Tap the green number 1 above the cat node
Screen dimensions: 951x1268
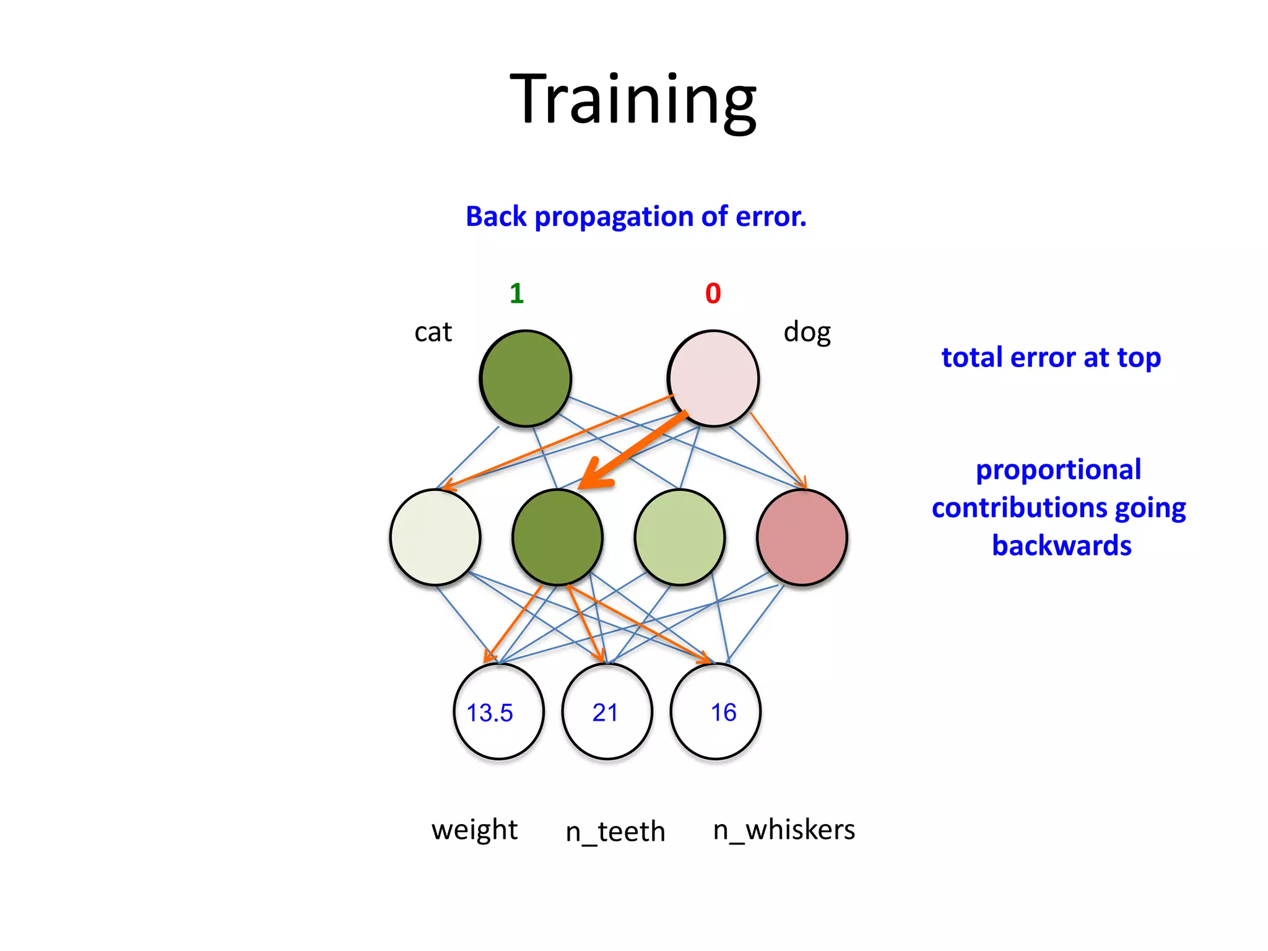click(516, 293)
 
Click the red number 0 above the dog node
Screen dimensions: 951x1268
click(713, 293)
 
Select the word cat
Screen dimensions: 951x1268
click(433, 332)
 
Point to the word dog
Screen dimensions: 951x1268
click(806, 332)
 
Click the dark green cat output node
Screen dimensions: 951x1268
click(525, 378)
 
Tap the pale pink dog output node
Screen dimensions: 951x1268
click(713, 378)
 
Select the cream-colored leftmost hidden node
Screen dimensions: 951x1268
click(435, 537)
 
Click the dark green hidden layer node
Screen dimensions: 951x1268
click(557, 537)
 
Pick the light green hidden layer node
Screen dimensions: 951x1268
click(680, 537)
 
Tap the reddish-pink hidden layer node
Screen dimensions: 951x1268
click(802, 537)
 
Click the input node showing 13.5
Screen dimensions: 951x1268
click(498, 711)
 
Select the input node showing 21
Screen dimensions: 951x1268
click(607, 711)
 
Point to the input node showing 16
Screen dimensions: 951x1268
click(715, 711)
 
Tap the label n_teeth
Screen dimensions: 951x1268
click(615, 831)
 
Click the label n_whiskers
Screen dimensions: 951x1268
click(783, 830)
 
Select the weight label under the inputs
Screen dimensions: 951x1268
click(474, 830)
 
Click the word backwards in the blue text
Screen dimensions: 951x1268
click(1061, 545)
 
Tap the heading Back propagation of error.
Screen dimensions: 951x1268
click(636, 217)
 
